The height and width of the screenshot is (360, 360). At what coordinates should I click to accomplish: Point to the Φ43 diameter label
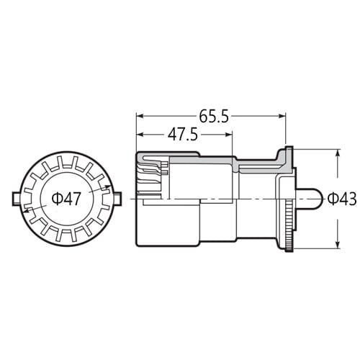point(341,197)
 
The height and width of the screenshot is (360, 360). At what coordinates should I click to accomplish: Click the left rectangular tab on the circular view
point(17,197)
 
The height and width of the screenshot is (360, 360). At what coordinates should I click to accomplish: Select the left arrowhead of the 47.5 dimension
point(140,135)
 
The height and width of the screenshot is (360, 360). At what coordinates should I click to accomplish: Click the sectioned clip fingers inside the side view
point(153,177)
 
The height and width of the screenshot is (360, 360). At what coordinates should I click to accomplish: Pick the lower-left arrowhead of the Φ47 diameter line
point(26,210)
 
